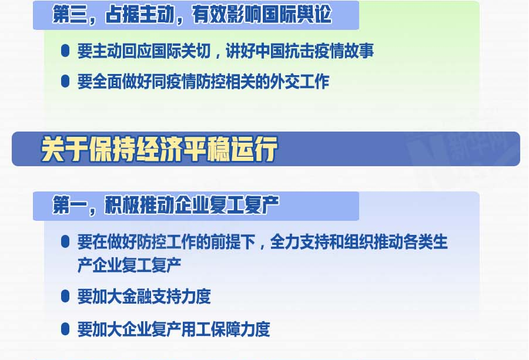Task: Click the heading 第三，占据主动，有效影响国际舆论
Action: click(192, 15)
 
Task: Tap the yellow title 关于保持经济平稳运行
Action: click(159, 149)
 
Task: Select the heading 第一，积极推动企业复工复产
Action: click(166, 205)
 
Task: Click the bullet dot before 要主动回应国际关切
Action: click(65, 51)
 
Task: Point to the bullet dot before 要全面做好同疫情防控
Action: click(65, 81)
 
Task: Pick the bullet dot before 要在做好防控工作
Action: click(65, 242)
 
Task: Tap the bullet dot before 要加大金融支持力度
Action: click(65, 297)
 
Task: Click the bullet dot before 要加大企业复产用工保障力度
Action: click(65, 329)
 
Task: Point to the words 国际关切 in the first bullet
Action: click(181, 51)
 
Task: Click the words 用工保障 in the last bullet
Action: click(211, 329)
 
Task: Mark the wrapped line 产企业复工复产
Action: click(129, 265)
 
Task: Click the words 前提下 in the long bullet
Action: click(233, 242)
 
